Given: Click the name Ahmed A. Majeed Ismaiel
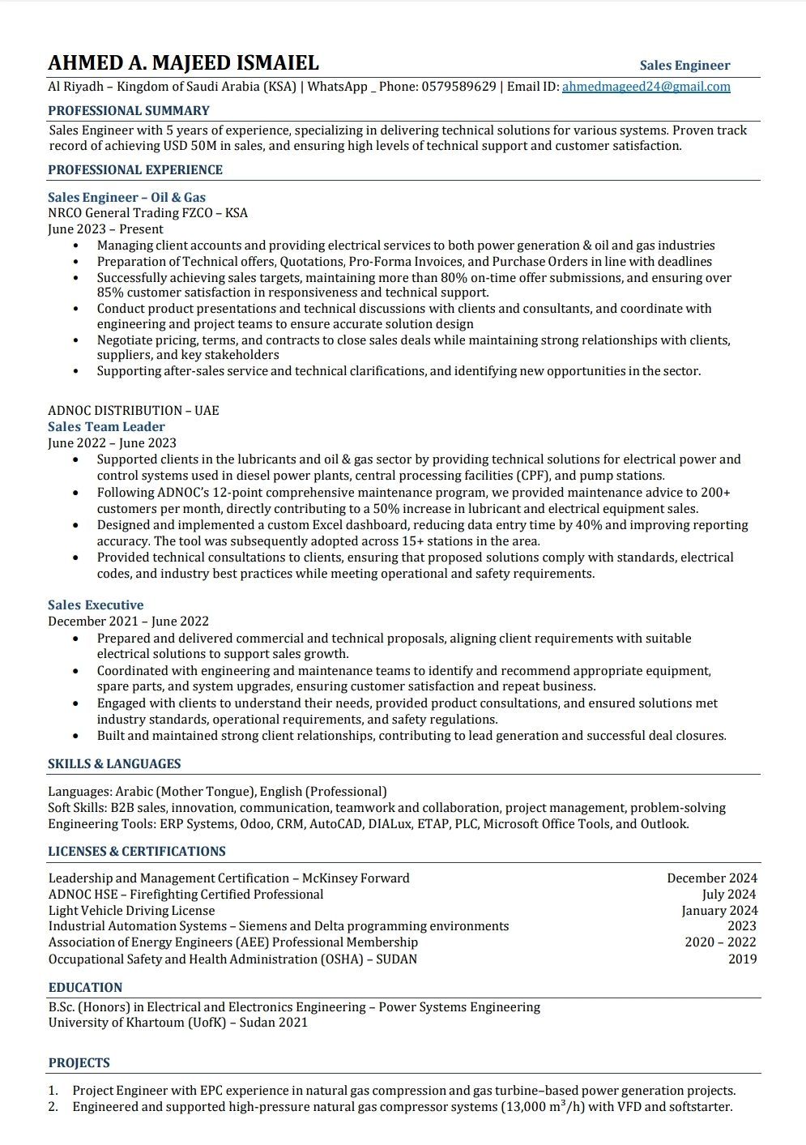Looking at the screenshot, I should click(x=183, y=63).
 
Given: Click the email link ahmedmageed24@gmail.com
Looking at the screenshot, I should click(x=646, y=87).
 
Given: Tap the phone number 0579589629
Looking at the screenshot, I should click(x=458, y=87).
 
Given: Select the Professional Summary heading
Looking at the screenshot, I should click(x=128, y=111).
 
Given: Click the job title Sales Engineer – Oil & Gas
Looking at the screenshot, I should click(x=126, y=197).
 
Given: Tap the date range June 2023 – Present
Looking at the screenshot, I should click(x=105, y=229).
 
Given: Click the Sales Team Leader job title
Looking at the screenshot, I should click(x=106, y=427).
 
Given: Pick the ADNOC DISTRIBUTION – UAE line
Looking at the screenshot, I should click(x=133, y=411).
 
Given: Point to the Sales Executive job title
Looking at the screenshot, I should click(x=96, y=605).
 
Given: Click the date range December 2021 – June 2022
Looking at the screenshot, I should click(x=128, y=622).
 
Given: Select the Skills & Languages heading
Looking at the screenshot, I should click(x=114, y=764).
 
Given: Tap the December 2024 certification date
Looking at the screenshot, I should click(x=712, y=878).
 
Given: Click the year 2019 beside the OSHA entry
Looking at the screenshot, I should click(x=742, y=959).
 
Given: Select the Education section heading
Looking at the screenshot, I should click(x=85, y=988).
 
